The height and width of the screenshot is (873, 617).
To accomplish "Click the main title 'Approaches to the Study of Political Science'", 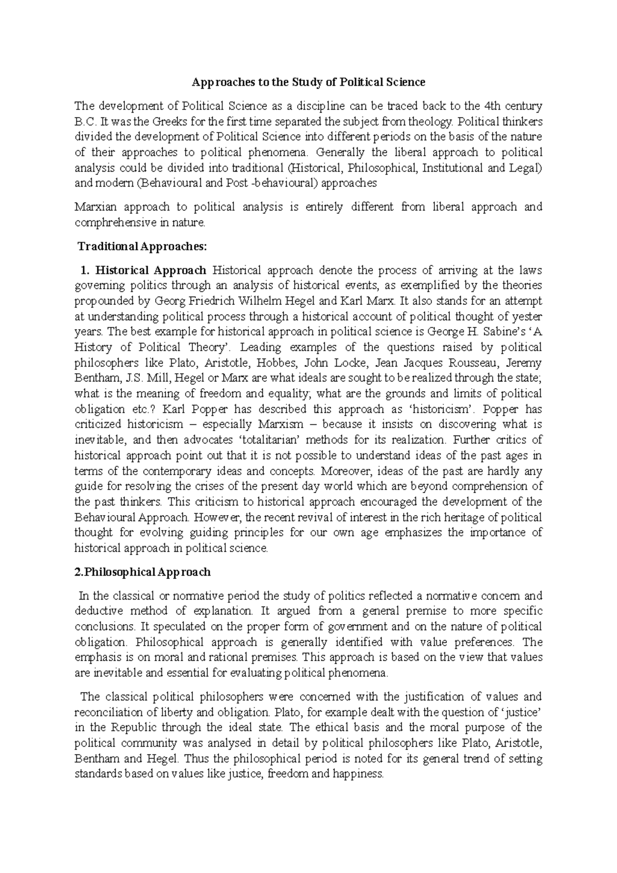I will (308, 82).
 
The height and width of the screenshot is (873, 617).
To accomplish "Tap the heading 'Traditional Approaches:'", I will (142, 246).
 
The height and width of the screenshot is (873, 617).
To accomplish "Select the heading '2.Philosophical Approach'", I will (143, 572).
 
